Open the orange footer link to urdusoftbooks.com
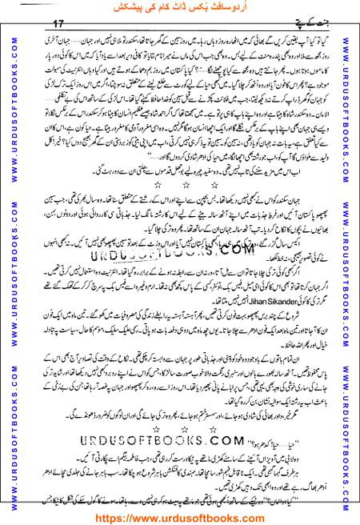[x=180, y=515]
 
